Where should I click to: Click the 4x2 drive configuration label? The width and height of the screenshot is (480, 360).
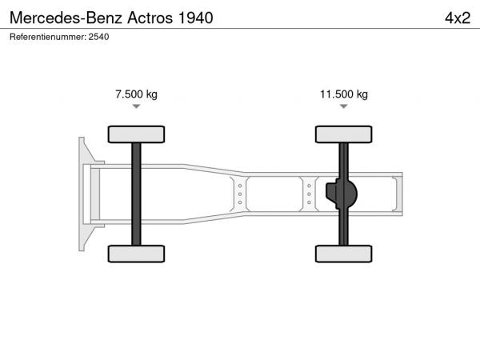tap(458, 18)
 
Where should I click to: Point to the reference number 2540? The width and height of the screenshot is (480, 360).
tap(98, 37)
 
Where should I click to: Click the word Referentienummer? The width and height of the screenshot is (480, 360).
tap(47, 37)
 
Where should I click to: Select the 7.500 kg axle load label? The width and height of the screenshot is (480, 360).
tap(136, 94)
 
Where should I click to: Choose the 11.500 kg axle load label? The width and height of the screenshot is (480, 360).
tap(344, 94)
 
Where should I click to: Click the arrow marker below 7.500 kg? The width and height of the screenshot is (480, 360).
tap(136, 106)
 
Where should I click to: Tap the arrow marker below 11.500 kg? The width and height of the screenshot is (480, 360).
tap(344, 106)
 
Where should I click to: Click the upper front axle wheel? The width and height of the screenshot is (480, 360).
tap(136, 134)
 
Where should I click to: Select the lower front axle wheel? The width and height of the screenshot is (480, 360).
tap(136, 254)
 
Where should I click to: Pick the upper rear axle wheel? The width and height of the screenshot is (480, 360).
tap(344, 134)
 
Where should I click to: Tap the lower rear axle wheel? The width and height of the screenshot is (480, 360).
tap(344, 254)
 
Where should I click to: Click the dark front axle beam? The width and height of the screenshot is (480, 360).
tap(136, 194)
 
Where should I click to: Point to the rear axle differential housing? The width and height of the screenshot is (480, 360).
tap(342, 194)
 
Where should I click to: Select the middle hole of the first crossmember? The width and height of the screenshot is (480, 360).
tap(240, 194)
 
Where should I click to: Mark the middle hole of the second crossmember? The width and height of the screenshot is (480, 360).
tap(309, 194)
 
